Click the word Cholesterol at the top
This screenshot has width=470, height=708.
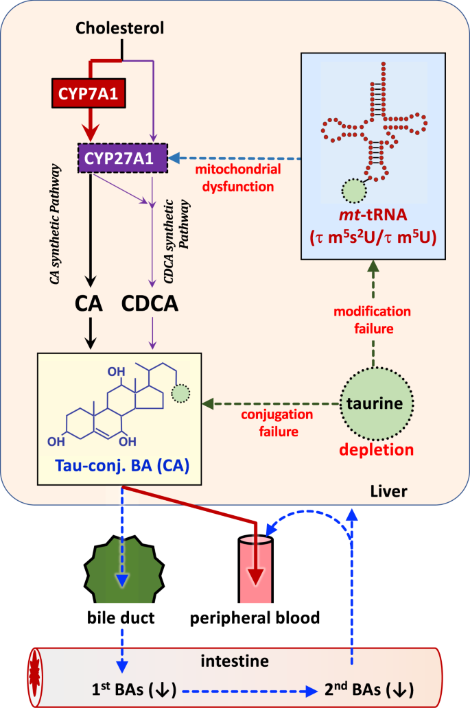[x=121, y=28]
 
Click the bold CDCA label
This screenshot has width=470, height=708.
[x=151, y=303]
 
